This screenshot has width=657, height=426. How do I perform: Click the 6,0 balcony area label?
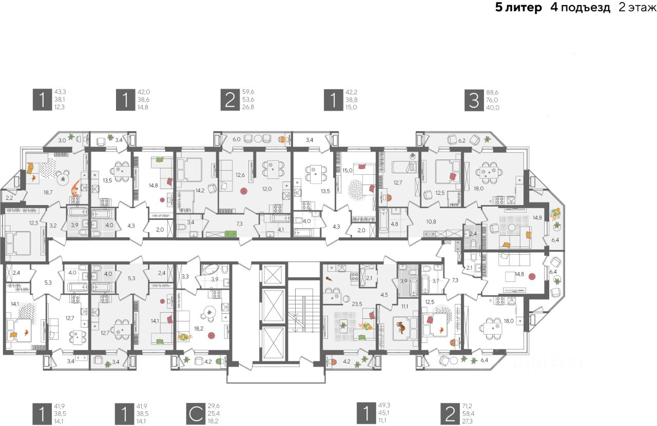[x=237, y=138]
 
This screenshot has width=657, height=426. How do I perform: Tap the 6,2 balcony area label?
[x=462, y=139]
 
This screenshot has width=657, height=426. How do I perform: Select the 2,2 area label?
[x=9, y=197]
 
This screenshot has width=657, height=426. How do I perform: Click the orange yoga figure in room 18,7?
[x=75, y=188]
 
